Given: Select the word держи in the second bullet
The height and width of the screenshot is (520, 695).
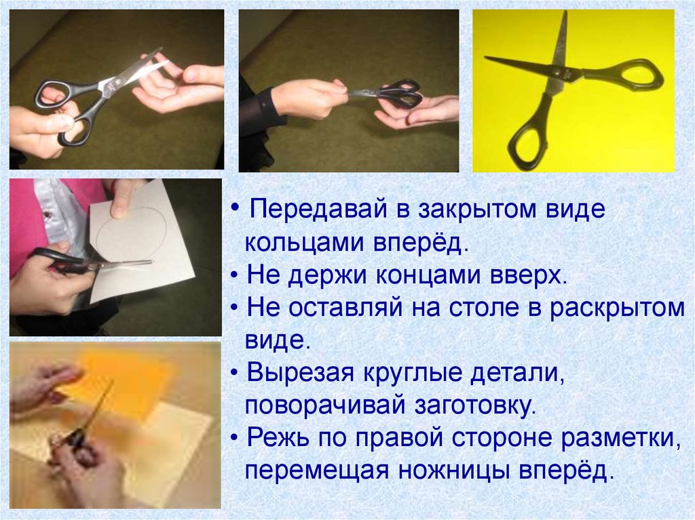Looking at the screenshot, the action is point(327,275).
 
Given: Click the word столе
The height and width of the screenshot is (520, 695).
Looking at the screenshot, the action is point(484,307).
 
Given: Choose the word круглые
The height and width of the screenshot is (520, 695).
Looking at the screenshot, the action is point(412,373).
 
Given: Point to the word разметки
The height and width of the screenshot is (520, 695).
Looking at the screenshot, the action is point(620,437).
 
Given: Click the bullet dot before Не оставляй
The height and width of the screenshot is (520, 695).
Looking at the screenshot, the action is point(235,307).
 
